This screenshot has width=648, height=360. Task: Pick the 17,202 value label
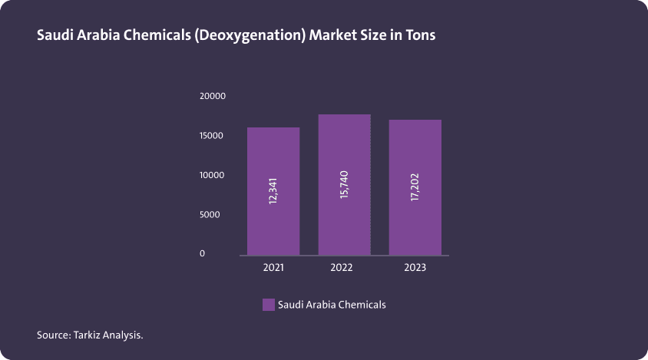415,188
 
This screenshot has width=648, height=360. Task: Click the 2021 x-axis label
273,268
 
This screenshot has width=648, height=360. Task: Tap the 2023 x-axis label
415,268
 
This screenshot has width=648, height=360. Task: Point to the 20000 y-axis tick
213,96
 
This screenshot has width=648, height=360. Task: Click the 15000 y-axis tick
213,136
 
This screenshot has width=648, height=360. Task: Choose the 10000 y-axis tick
213,175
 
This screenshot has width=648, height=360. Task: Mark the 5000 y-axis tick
210,215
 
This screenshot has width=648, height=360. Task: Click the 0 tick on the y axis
203,253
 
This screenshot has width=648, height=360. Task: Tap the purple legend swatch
268,305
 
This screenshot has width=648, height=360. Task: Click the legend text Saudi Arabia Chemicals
332,305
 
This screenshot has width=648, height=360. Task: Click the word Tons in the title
420,35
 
